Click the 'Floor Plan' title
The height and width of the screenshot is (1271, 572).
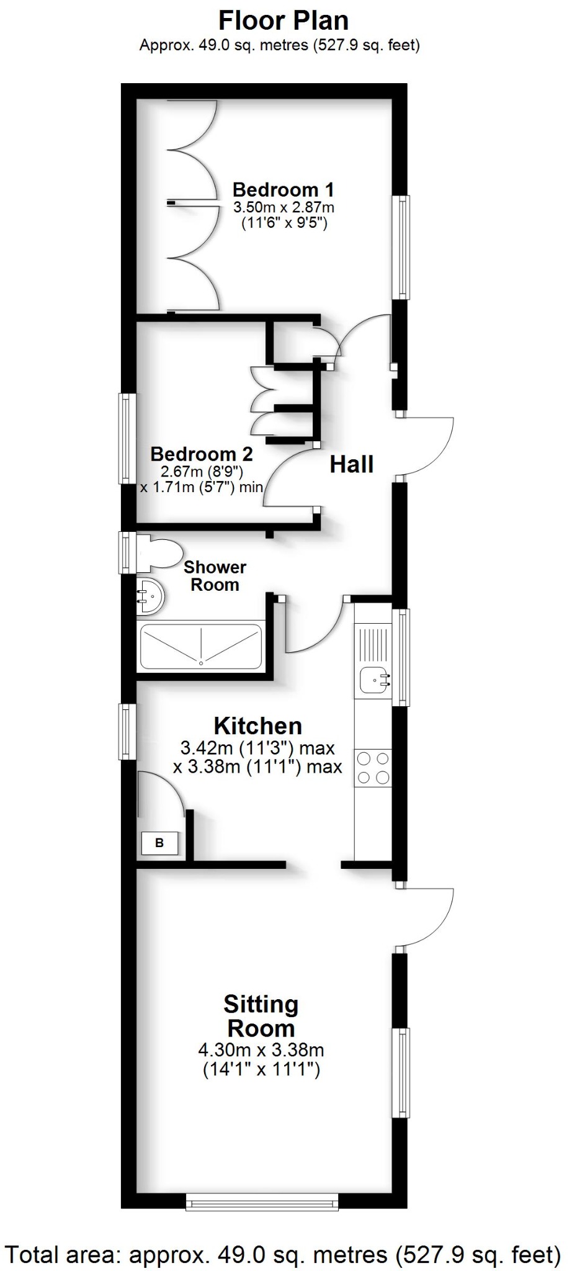coord(283,21)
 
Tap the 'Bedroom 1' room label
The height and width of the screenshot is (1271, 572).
coord(283,189)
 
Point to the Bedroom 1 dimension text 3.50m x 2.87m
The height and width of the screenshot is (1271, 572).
coord(283,207)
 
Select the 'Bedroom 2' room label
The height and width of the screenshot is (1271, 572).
coord(202,454)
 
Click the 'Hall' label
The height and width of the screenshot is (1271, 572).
coord(351,464)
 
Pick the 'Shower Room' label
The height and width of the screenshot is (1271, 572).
coord(215,575)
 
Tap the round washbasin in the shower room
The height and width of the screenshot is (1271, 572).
coord(150,595)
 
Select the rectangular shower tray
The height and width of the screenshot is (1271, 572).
coord(201,647)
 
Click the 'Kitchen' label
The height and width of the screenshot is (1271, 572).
coord(258,725)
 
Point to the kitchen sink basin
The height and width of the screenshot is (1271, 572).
coord(375,679)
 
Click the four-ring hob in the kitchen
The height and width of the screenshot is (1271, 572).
coord(373,768)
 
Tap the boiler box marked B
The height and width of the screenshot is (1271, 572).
coord(159,843)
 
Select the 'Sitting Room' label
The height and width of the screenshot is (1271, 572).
coord(261,1016)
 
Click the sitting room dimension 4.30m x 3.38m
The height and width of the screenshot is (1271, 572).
coord(261,1050)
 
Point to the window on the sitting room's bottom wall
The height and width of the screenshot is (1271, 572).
coord(262,1202)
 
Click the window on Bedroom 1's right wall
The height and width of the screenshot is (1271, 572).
coord(404,246)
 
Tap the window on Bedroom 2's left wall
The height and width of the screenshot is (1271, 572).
coord(127,438)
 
